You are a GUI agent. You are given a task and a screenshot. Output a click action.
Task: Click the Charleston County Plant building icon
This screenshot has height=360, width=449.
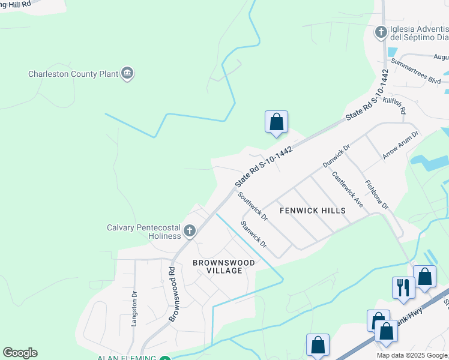coord(127,74)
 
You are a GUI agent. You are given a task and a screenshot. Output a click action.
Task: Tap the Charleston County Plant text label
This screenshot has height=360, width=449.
coord(73,74)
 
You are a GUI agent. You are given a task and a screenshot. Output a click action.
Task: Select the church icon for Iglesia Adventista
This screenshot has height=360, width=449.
coord(381,32)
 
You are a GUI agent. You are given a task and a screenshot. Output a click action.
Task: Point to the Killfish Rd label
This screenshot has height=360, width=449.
coord(394,106)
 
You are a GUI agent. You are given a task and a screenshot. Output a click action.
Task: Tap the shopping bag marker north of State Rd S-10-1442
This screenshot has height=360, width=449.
coord(276,122)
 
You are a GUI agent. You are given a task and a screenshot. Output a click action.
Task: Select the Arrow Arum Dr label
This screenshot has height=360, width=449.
coord(400,145)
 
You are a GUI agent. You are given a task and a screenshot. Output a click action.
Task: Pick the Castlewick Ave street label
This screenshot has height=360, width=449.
coord(348,190)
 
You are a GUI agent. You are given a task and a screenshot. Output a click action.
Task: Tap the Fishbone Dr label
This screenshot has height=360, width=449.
coord(376,194)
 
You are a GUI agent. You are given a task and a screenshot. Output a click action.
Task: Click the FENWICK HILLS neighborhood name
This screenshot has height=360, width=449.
coord(313,211)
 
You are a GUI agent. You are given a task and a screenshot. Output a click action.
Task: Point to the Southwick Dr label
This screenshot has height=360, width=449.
coord(252,205)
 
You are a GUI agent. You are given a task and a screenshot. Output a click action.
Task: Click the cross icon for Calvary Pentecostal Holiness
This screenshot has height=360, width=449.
coord(190,231)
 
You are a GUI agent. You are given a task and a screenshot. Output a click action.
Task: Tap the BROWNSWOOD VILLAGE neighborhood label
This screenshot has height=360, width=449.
coord(223,266)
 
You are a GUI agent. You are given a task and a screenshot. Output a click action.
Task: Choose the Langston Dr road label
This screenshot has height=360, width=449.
coord(134,308)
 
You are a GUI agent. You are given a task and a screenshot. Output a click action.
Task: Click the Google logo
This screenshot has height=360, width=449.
coord(20,353)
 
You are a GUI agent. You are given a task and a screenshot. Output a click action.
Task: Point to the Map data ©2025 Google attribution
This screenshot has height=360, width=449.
coord(412,355)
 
